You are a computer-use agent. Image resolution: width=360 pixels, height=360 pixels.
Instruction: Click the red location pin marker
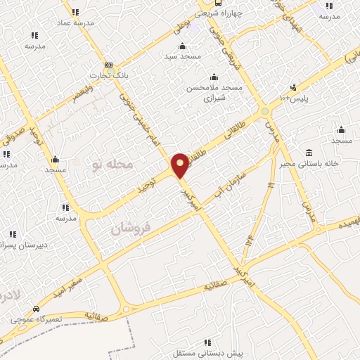coord(180,165)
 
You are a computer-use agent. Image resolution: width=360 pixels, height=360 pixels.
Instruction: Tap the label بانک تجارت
coord(107,75)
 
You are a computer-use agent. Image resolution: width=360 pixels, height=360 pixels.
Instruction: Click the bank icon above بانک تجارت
coord(108,64)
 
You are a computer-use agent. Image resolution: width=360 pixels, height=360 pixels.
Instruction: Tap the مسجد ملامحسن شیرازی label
coord(214,93)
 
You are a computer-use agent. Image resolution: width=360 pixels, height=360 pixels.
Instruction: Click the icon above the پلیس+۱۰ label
coord(293,88)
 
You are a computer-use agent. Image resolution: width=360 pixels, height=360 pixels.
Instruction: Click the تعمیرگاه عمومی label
coord(36,319)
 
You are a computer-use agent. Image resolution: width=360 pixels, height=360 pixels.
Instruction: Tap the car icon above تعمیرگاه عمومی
coord(36,309)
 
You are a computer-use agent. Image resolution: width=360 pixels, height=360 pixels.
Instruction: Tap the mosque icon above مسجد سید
coord(182,46)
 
